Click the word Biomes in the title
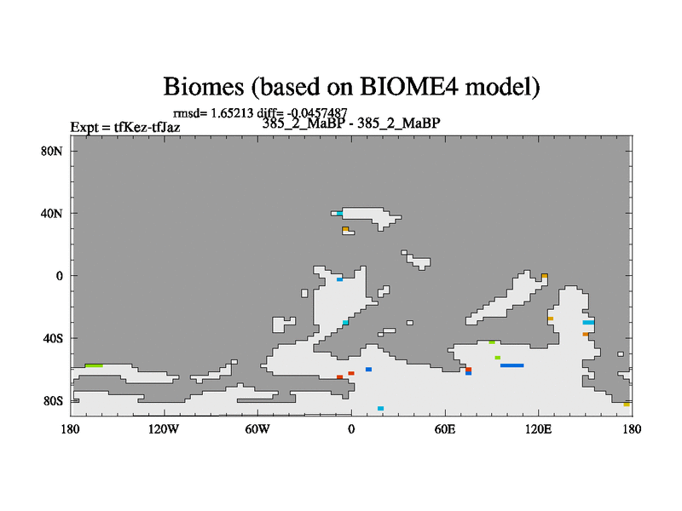point(204,86)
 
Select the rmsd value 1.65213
point(232,113)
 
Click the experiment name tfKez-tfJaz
point(147,127)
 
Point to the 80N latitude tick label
point(52,152)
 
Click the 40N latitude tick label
point(52,214)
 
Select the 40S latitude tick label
point(53,338)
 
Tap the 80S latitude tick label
point(53,401)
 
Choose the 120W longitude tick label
point(164,429)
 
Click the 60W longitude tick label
point(257,429)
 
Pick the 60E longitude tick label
point(444,429)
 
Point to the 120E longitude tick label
point(538,429)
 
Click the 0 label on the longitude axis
point(351,429)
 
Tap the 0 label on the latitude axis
point(59,276)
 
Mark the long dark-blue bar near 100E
point(512,365)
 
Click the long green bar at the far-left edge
point(94,366)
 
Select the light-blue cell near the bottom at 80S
point(380,409)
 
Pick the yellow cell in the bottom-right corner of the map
point(627,405)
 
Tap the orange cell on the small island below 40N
point(345,229)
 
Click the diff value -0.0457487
point(317,113)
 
